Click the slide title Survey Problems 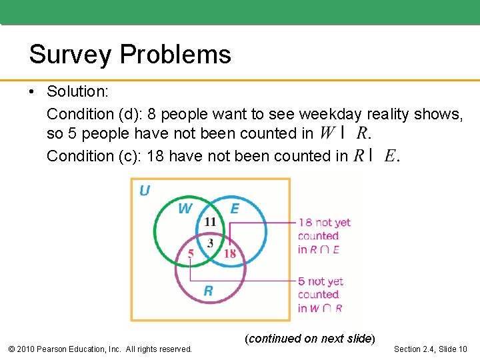[130, 54]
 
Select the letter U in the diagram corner [144, 191]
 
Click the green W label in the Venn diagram [185, 209]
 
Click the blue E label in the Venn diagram [235, 209]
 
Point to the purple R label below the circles [208, 291]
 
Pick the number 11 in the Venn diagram [210, 222]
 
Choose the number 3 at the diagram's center [210, 243]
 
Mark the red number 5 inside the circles [191, 253]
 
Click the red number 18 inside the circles [229, 253]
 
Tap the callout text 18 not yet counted [323, 236]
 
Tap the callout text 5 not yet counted [321, 295]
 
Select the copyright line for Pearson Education [99, 349]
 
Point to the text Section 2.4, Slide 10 [431, 349]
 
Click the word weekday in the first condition [329, 115]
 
